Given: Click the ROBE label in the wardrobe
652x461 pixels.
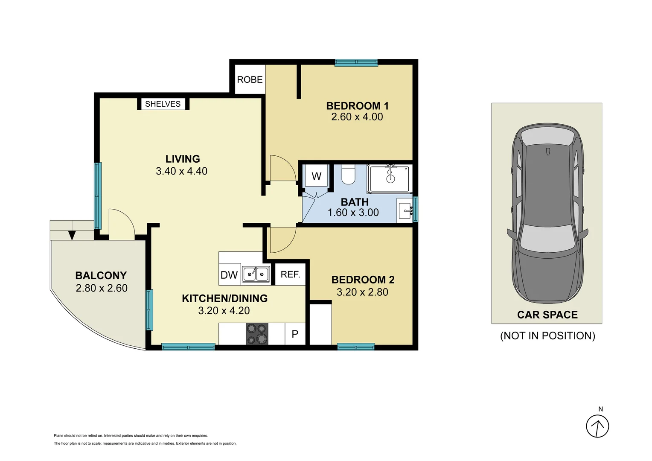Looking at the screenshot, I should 250,80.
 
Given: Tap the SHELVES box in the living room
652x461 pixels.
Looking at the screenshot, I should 163,104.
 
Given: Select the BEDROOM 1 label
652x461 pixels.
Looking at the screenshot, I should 357,105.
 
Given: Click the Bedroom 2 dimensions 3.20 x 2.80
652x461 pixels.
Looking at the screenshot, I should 362,292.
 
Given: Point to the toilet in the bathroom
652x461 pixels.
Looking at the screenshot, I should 348,175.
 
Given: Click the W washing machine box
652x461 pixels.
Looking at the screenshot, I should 316,176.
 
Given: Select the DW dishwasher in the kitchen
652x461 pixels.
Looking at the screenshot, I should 229,275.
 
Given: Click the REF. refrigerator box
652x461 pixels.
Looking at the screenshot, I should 290,274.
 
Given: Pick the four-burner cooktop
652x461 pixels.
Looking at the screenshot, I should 256,334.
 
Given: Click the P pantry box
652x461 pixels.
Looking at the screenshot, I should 295,334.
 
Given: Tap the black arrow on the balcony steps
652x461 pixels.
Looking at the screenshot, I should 72,235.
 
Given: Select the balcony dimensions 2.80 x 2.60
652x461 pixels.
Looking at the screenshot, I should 102,288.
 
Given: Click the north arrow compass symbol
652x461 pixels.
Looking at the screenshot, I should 597,426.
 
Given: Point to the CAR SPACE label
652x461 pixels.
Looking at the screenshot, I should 547,315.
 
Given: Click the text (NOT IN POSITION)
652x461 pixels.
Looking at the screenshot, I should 547,336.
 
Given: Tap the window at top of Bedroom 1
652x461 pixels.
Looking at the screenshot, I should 356,63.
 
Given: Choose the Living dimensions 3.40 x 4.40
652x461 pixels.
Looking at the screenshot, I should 182,171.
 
